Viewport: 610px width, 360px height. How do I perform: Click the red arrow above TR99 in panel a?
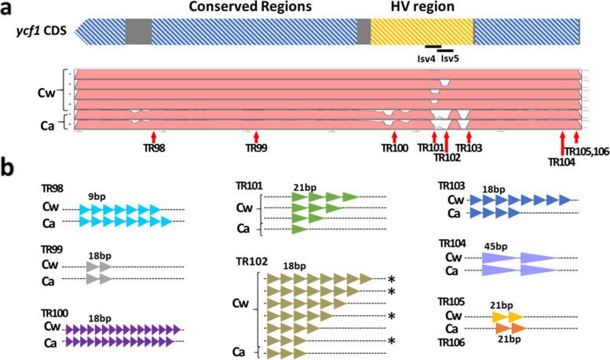[x=257, y=137]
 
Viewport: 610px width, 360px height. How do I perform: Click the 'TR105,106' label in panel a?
[x=581, y=151]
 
